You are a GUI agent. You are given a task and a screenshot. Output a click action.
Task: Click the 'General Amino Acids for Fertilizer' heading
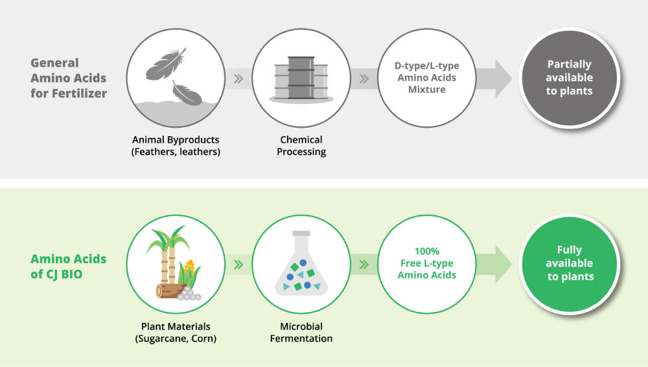[x=69, y=78]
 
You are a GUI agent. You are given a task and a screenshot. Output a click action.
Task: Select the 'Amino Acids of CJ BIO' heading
[x=69, y=266]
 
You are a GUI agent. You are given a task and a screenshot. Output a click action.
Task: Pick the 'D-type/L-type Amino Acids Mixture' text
[x=427, y=78]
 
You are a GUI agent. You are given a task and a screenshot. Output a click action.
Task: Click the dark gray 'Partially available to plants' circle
[x=569, y=78]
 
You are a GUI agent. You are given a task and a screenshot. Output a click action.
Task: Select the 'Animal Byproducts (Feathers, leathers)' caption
[x=176, y=146]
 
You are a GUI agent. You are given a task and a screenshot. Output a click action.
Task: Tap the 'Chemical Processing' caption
[x=301, y=146]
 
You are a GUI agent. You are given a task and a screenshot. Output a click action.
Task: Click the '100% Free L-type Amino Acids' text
[x=427, y=263]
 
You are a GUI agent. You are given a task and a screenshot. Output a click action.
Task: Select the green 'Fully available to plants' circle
[x=569, y=263]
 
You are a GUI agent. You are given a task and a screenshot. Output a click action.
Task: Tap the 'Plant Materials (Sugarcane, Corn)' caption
[x=176, y=332]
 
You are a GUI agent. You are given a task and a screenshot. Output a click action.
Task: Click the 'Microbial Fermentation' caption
[x=301, y=332]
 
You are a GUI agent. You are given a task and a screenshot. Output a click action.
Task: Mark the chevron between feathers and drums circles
[x=238, y=79]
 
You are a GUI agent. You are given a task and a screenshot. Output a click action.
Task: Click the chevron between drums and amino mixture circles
[x=364, y=79]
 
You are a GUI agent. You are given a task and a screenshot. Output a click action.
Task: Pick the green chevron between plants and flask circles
[x=238, y=265]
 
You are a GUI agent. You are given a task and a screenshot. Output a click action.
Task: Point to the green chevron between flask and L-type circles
[x=364, y=265]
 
